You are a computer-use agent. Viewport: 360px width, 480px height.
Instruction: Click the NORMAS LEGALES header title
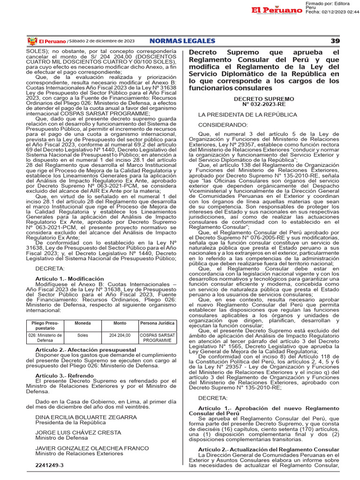182,41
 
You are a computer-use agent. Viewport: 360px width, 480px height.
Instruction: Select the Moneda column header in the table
83,323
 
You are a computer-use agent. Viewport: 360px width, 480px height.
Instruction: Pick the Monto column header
120,323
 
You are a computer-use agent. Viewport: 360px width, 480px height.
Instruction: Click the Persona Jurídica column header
157,323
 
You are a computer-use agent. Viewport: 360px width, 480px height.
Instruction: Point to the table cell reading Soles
83,336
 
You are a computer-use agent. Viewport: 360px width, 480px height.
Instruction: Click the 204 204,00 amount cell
120,336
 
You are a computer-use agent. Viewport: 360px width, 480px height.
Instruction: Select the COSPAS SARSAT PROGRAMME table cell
157,338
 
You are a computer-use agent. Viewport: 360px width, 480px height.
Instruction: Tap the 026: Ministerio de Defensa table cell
45,338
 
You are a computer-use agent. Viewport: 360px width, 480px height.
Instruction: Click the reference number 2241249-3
49,465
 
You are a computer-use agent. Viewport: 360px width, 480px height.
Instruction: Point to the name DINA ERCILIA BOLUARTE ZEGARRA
80,417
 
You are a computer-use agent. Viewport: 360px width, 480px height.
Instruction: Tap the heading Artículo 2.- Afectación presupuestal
79,350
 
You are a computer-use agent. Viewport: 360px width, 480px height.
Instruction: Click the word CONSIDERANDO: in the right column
223,125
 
